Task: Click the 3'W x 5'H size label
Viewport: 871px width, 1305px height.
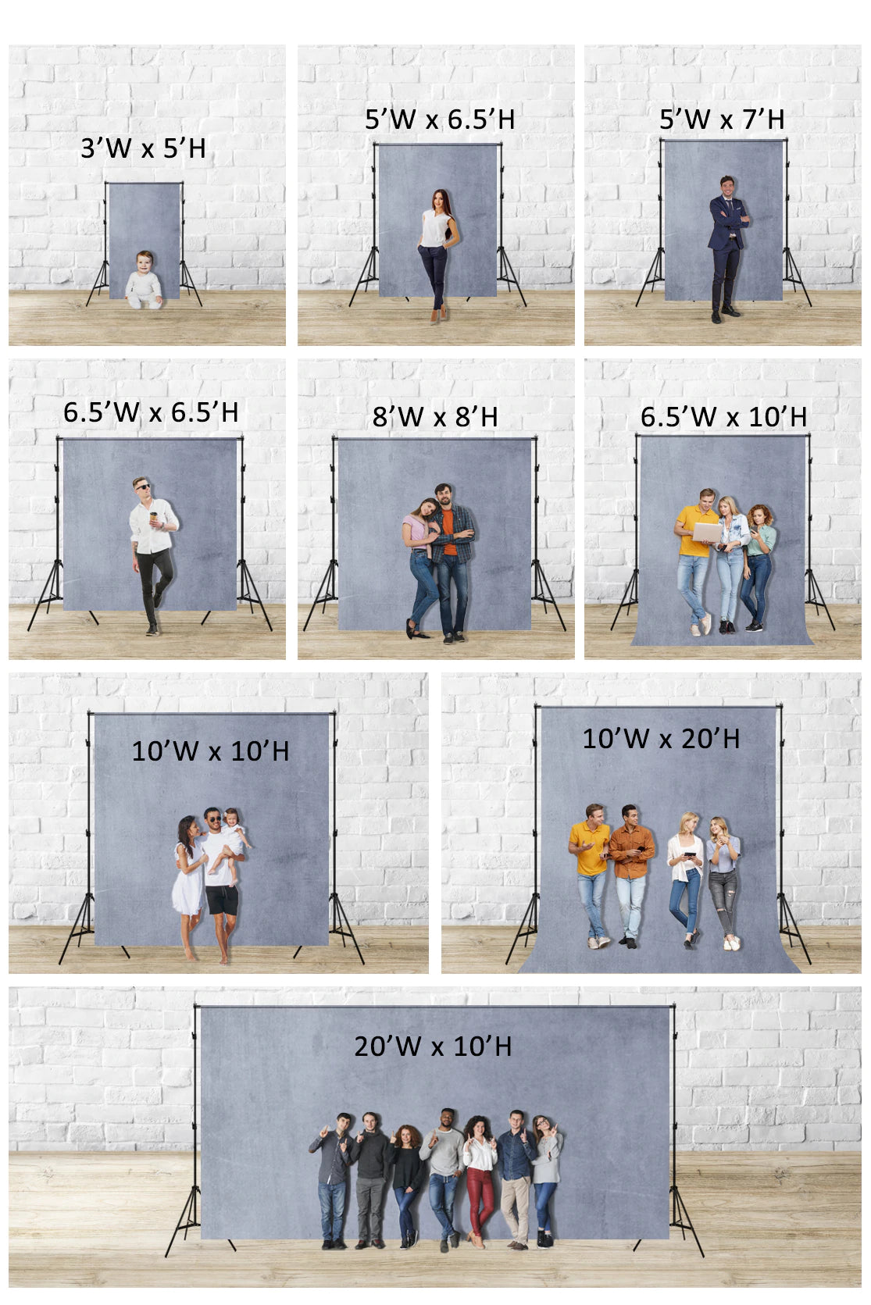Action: pyautogui.click(x=143, y=148)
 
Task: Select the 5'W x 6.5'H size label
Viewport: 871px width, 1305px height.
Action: pyautogui.click(x=440, y=119)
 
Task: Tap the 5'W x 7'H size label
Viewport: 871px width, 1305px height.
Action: pyautogui.click(x=722, y=119)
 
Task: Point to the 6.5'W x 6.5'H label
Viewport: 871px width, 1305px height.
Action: pyautogui.click(x=151, y=412)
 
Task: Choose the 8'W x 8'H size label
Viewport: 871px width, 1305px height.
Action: pyautogui.click(x=435, y=417)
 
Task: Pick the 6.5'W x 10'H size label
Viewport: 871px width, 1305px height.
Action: pyautogui.click(x=723, y=417)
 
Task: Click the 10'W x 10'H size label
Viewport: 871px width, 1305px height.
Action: pyautogui.click(x=210, y=751)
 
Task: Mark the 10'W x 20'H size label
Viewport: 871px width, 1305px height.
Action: pyautogui.click(x=661, y=739)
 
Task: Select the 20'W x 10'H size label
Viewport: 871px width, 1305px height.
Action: pyautogui.click(x=433, y=1046)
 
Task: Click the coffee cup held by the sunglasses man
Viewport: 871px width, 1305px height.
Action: pyautogui.click(x=153, y=518)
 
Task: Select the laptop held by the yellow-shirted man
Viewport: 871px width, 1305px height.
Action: pyautogui.click(x=709, y=533)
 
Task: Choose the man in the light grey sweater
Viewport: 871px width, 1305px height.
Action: pyautogui.click(x=444, y=1171)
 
